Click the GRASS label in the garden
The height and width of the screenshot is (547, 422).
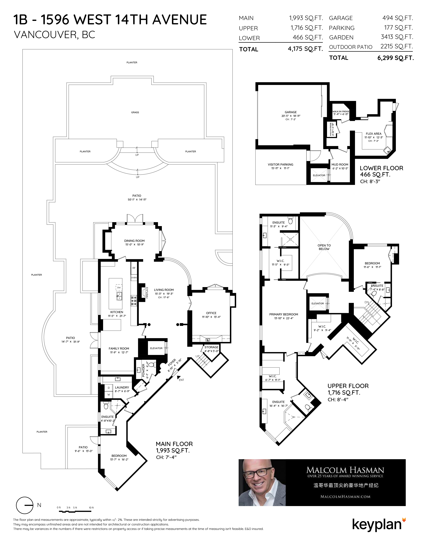point(135,112)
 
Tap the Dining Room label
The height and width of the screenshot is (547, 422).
point(135,241)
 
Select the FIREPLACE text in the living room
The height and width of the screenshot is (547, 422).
point(147,293)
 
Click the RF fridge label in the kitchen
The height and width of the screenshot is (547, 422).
point(134,268)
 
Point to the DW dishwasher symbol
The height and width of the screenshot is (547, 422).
point(119,288)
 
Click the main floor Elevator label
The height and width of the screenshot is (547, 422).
point(156,348)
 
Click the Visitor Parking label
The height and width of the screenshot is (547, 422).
point(281,165)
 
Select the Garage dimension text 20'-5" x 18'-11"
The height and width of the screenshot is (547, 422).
point(291,116)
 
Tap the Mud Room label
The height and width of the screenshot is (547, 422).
point(340,165)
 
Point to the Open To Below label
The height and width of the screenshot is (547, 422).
point(324,247)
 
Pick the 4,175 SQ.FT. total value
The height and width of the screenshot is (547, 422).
point(305,49)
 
